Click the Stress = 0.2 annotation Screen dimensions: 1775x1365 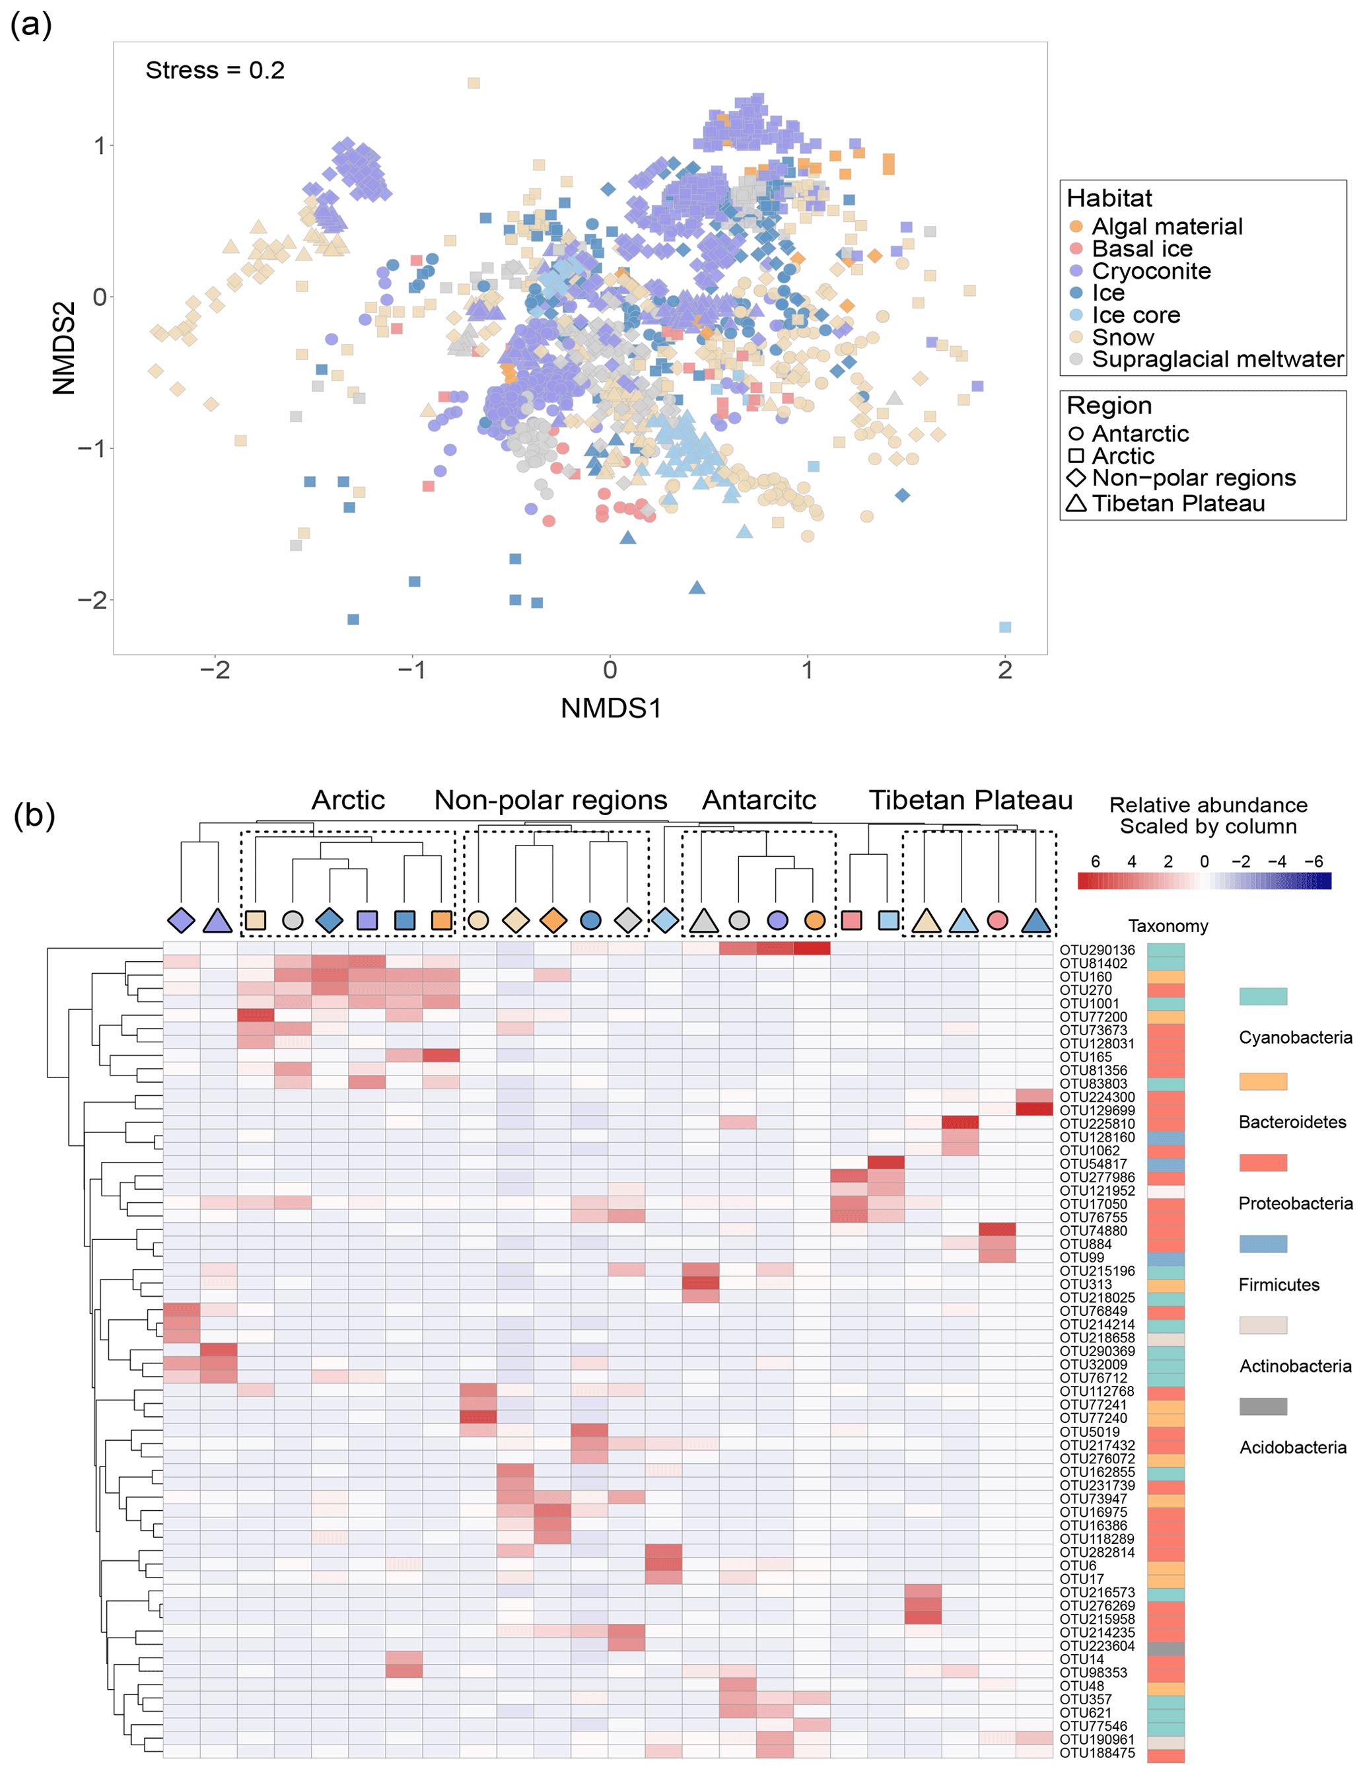(x=215, y=71)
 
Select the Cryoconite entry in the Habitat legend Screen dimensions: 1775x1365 (x=1150, y=272)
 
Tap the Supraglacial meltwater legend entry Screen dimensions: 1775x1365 (x=1216, y=359)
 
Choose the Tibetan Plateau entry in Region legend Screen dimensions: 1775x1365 (x=1177, y=504)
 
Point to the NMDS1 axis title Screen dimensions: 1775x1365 (x=611, y=709)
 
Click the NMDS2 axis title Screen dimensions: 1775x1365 (x=64, y=348)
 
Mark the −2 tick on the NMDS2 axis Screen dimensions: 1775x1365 (x=92, y=600)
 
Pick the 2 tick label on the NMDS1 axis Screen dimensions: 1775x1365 (x=1005, y=670)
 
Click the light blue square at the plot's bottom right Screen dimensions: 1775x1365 (x=1005, y=627)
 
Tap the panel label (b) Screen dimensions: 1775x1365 (x=34, y=815)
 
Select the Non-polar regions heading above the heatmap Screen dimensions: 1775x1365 (x=551, y=801)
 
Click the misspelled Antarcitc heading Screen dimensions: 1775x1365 (x=759, y=801)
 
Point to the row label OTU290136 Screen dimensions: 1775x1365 (x=1097, y=950)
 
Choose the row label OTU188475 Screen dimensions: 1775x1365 (x=1097, y=1753)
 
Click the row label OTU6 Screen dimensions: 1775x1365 (x=1078, y=1566)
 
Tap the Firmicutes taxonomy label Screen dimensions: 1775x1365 (x=1279, y=1285)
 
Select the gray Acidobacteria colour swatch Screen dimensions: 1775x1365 (x=1263, y=1406)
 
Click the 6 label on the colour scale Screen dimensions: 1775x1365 (x=1096, y=861)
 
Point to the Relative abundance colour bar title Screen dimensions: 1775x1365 (x=1208, y=816)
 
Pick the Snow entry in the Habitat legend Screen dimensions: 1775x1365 (x=1122, y=338)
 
